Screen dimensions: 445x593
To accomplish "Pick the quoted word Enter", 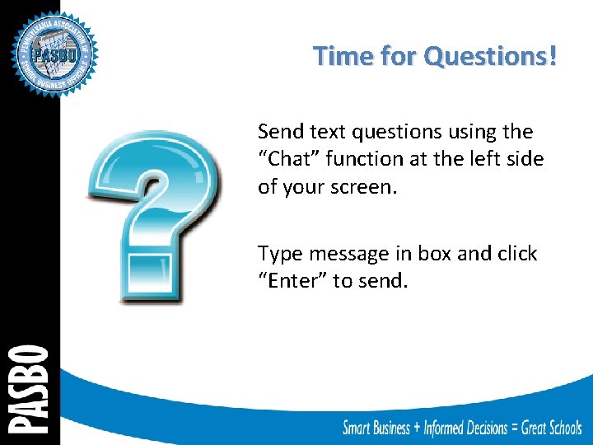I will [x=293, y=281].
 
